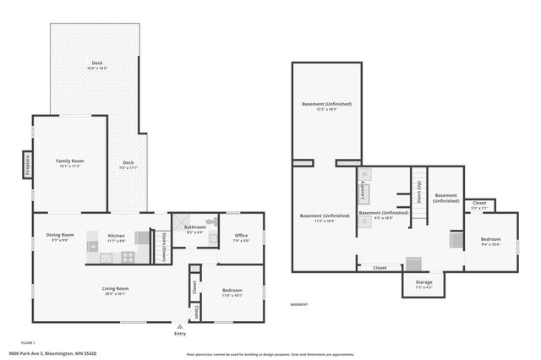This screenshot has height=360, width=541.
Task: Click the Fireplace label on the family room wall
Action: pyautogui.click(x=27, y=163)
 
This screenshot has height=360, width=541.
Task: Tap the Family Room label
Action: pyautogui.click(x=70, y=161)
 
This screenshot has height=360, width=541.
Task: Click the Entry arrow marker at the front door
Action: pyautogui.click(x=179, y=325)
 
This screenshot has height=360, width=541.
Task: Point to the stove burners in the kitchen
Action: pyautogui.click(x=93, y=248)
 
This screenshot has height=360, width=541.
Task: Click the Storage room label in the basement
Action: pyautogui.click(x=424, y=281)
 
